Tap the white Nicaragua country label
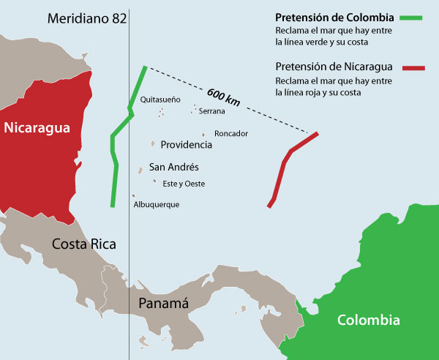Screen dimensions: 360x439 (x=37, y=128)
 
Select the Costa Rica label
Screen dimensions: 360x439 (x=84, y=244)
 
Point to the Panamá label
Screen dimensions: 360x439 (x=164, y=303)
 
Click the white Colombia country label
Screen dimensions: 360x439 (x=369, y=320)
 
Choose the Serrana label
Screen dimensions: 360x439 (x=212, y=112)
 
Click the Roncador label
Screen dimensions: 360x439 (x=231, y=134)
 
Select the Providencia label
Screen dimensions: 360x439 (x=186, y=145)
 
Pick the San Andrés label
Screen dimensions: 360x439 (x=174, y=168)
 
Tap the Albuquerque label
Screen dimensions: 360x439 (x=157, y=205)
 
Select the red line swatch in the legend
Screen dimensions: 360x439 (x=413, y=68)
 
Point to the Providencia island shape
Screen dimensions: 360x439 (x=153, y=144)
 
